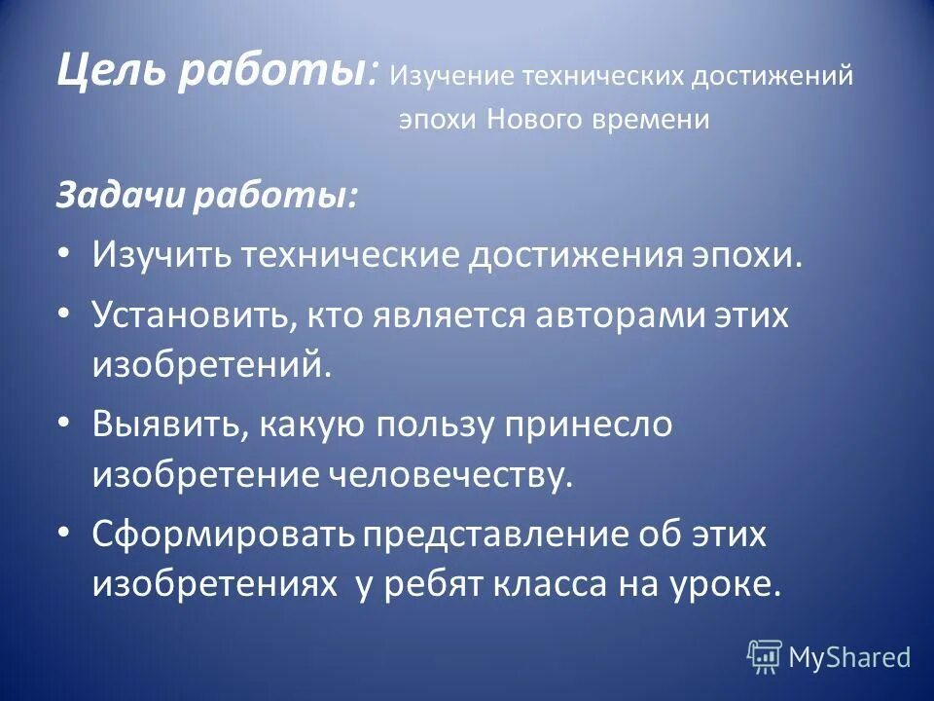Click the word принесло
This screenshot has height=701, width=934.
click(x=594, y=425)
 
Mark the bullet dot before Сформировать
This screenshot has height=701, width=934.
click(x=63, y=534)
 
